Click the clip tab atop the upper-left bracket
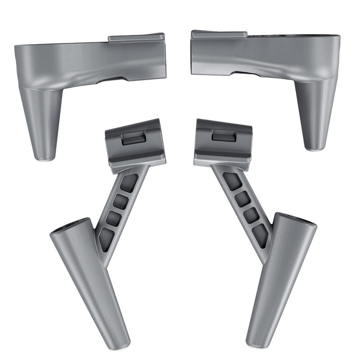136,38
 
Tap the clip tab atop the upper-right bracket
219,34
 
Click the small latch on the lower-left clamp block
133,139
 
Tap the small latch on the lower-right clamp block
223,135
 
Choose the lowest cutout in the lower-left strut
106,238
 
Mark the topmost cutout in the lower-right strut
232,181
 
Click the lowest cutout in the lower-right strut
260,235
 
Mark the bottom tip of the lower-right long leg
255,344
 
